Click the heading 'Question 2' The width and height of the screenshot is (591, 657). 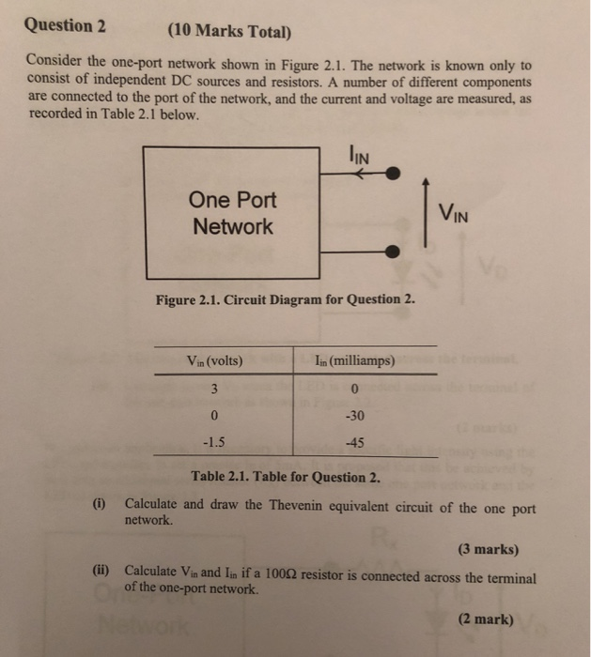pyautogui.click(x=65, y=25)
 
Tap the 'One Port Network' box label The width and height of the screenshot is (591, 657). pyautogui.click(x=231, y=213)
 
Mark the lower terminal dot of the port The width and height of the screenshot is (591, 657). pyautogui.click(x=395, y=252)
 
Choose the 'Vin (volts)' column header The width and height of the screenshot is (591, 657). pyautogui.click(x=215, y=360)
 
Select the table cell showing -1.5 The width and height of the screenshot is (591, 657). pyautogui.click(x=215, y=443)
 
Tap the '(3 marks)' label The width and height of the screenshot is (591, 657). pyautogui.click(x=488, y=550)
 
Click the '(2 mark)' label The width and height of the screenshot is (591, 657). pyautogui.click(x=485, y=619)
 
